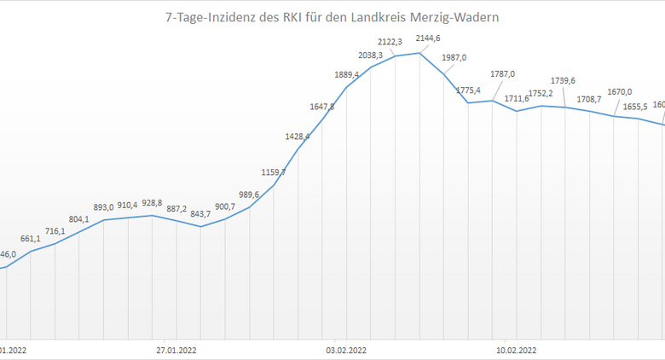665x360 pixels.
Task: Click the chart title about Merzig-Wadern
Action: [x=332, y=16]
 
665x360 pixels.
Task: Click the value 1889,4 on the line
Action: [x=347, y=75]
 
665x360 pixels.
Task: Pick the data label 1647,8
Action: [x=321, y=107]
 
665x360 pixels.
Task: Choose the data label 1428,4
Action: [x=298, y=136]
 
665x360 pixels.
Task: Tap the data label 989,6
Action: [x=248, y=195]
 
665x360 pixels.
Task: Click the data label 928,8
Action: [x=153, y=203]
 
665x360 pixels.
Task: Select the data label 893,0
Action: [x=102, y=206]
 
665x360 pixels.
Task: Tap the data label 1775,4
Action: [x=468, y=90]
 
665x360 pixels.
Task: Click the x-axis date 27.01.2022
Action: [x=176, y=350]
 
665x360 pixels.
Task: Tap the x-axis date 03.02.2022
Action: [x=346, y=350]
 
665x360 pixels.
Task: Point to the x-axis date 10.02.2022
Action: [x=516, y=350]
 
